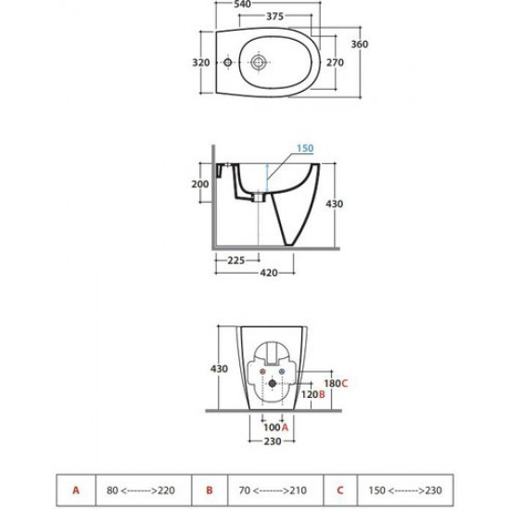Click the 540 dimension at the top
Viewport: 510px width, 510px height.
click(x=242, y=4)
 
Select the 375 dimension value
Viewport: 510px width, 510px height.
click(x=274, y=17)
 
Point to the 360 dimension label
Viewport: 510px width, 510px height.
click(x=360, y=45)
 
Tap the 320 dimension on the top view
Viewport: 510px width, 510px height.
click(x=201, y=62)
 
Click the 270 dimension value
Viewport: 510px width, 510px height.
click(x=335, y=62)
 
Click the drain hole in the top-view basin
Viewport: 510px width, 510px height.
click(x=259, y=62)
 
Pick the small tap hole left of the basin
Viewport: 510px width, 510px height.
click(x=227, y=62)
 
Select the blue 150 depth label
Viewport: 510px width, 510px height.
click(x=305, y=148)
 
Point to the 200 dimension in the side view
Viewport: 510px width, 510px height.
click(x=199, y=185)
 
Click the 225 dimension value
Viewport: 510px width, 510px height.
click(x=236, y=261)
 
